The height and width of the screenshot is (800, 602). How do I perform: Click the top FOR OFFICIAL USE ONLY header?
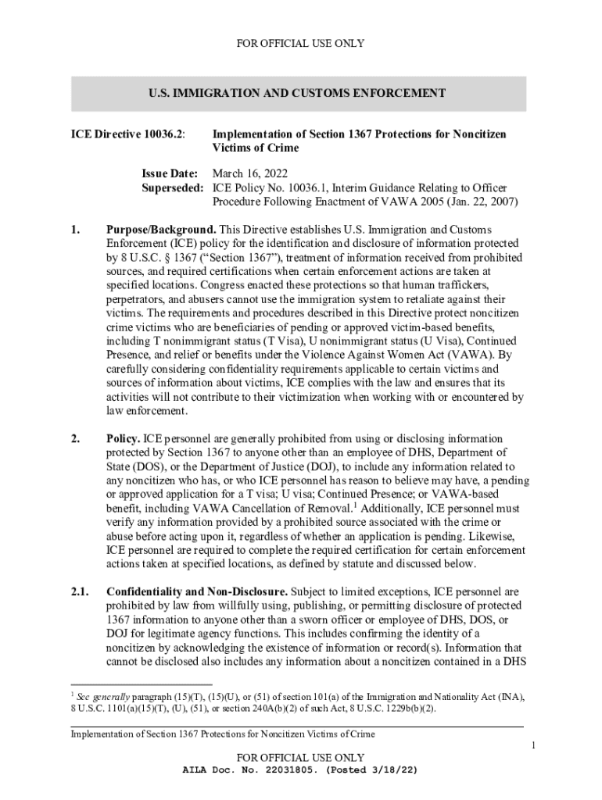[300, 43]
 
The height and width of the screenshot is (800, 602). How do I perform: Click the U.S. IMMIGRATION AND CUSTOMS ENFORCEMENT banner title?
[297, 94]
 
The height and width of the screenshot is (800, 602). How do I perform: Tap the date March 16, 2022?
[246, 174]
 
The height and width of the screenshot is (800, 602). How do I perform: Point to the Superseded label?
[172, 188]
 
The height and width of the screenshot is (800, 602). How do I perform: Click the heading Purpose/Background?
[160, 230]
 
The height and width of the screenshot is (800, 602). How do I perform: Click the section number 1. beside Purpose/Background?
[75, 230]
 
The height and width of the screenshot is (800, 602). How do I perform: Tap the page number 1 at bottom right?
[532, 747]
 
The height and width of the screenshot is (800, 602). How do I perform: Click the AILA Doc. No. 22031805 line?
[300, 770]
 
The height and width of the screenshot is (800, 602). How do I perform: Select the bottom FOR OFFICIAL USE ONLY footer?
[300, 758]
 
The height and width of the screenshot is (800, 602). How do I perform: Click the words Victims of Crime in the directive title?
[256, 148]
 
